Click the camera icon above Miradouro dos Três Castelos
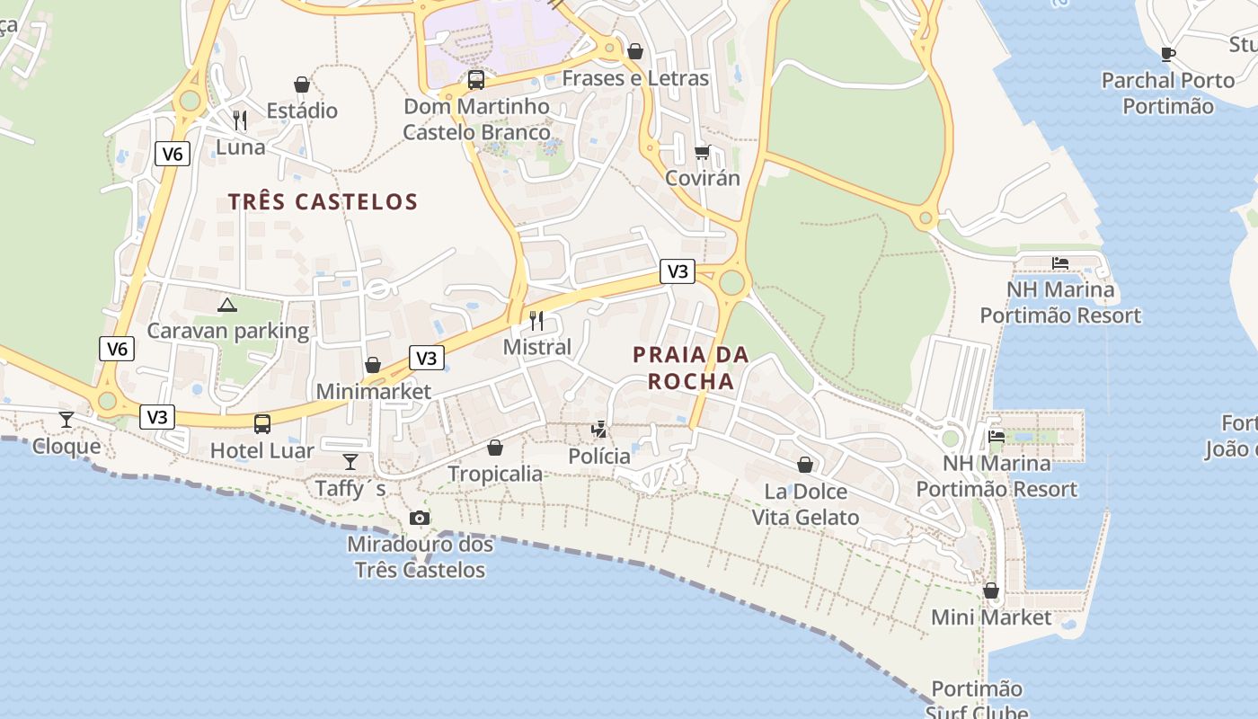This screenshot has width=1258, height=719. [x=419, y=518]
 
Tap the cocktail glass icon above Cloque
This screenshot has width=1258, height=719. [x=66, y=419]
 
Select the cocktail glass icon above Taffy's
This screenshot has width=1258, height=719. [x=350, y=462]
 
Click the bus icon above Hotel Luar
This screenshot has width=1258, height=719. [x=262, y=423]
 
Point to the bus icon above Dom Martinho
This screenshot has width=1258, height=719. [x=476, y=80]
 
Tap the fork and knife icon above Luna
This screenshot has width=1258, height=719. [x=240, y=120]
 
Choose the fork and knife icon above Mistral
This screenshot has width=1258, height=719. [x=537, y=320]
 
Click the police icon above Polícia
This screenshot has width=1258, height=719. [x=599, y=430]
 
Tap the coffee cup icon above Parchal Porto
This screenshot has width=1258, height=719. [x=1168, y=54]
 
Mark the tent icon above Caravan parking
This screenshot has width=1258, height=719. [x=227, y=305]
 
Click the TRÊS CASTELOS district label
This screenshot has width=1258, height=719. [x=323, y=201]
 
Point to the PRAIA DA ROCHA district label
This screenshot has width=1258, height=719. [x=691, y=368]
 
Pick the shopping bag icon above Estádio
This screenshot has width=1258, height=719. [x=302, y=84]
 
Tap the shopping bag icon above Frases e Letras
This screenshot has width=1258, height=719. [x=635, y=51]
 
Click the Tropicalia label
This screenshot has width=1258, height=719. [x=495, y=474]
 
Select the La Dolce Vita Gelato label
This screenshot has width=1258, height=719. [x=805, y=504]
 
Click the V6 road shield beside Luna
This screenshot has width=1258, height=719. [x=173, y=154]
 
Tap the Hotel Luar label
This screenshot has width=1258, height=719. [x=262, y=450]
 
